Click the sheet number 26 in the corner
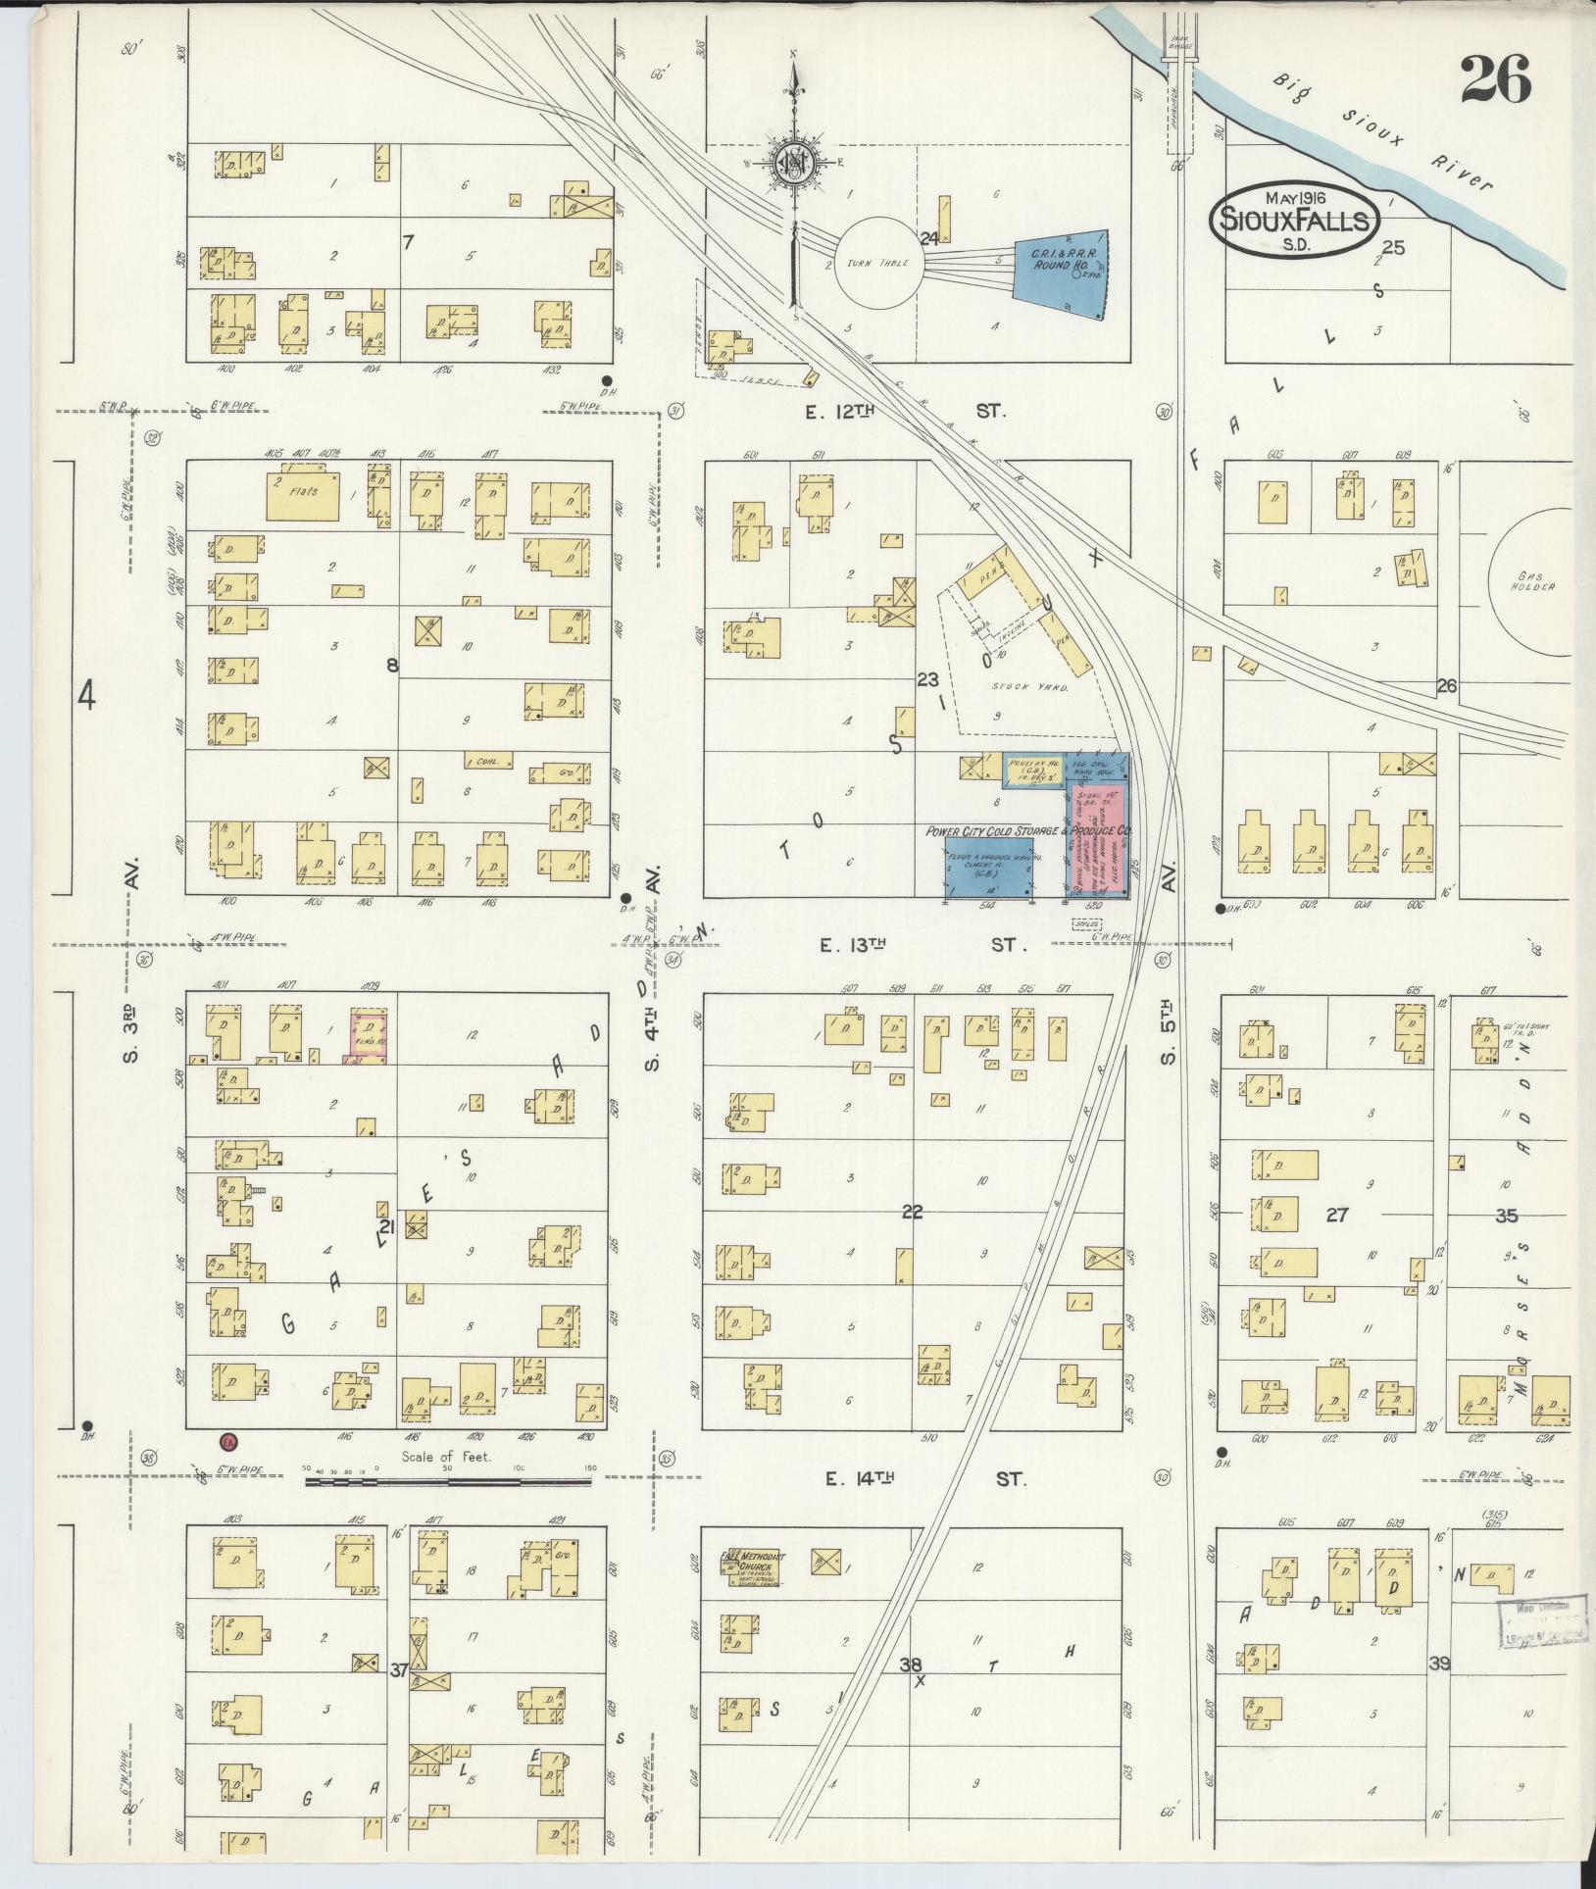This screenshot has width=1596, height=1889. coord(1494,78)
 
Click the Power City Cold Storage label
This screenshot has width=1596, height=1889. coord(1027,831)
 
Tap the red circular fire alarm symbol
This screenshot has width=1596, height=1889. coord(228,1442)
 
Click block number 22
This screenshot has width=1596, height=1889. coord(912,1213)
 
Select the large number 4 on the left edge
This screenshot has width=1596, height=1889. coord(87,698)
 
